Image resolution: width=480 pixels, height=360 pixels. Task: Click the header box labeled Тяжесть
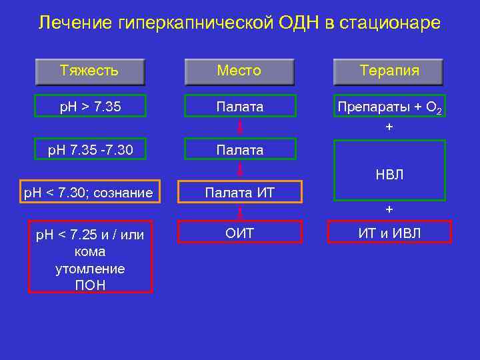(89, 71)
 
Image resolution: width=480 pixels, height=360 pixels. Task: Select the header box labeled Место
(239, 71)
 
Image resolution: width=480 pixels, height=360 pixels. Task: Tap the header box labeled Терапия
(389, 71)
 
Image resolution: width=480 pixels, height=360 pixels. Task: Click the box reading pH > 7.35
(89, 106)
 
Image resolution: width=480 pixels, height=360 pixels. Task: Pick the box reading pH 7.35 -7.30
(89, 150)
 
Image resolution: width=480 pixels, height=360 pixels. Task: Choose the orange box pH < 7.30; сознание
(89, 193)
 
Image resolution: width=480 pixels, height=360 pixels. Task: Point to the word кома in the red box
(89, 252)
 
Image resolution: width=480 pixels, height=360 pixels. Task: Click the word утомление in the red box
(89, 269)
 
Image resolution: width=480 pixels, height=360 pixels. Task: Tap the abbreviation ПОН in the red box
(89, 285)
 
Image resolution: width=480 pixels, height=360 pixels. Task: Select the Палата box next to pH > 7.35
(239, 106)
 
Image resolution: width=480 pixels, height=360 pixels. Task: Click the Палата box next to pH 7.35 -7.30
(239, 150)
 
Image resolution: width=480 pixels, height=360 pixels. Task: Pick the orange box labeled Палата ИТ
(239, 193)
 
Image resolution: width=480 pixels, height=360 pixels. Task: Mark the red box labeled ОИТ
(239, 232)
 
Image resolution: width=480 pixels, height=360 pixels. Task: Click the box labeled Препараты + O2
(389, 107)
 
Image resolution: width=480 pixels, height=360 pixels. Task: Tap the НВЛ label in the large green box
(389, 175)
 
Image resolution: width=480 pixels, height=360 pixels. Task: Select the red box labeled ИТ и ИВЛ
(389, 232)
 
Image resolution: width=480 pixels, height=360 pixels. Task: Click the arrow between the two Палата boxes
(239, 128)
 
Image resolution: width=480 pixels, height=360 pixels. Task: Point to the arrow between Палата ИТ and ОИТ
(239, 213)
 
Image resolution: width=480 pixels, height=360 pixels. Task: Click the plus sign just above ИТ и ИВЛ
(389, 209)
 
